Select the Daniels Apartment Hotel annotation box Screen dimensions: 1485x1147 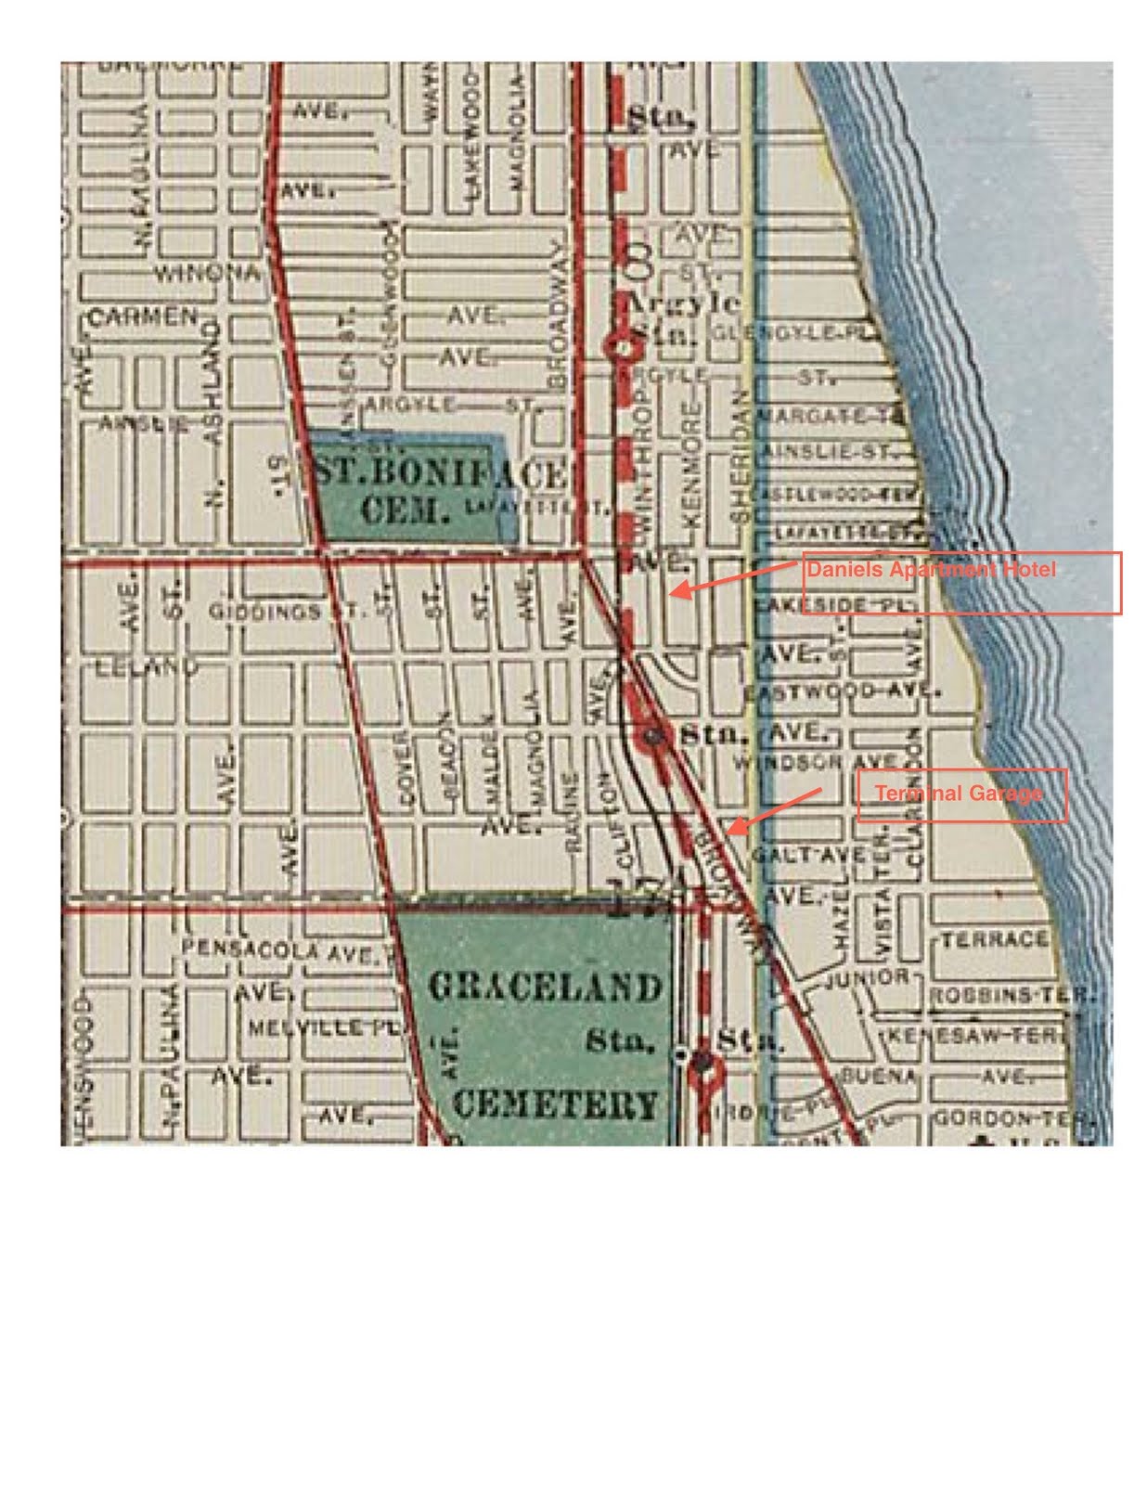(960, 583)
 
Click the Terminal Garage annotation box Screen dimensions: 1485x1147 (961, 795)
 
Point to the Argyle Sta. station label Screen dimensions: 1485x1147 (684, 318)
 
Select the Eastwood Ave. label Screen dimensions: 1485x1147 (841, 691)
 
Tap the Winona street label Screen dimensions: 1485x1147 (206, 274)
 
